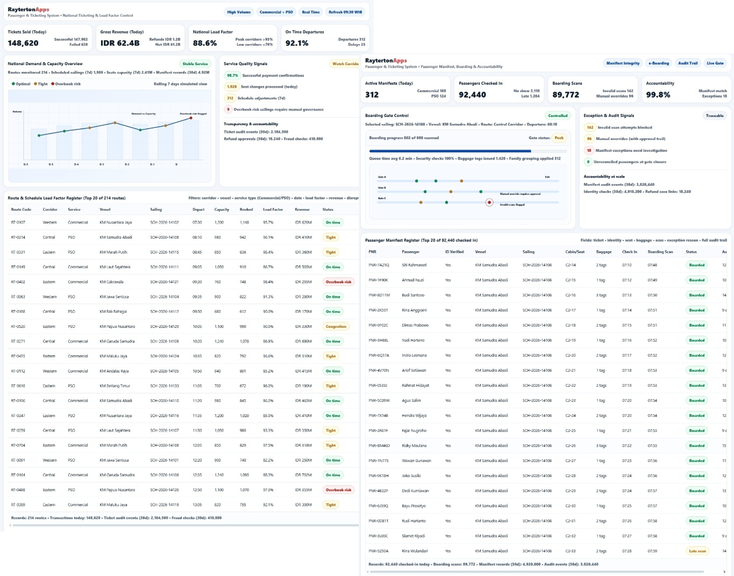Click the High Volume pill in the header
(239, 12)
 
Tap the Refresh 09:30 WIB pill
(345, 12)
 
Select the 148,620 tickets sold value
(23, 43)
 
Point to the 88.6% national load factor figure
(204, 43)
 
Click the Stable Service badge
(195, 64)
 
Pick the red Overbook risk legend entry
(66, 84)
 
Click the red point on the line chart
(191, 118)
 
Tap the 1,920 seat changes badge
(231, 87)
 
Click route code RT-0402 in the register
(18, 282)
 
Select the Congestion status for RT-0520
(336, 327)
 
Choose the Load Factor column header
(273, 209)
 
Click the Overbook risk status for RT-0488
(338, 490)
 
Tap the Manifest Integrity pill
(623, 63)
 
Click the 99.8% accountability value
(658, 95)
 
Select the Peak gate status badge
(559, 138)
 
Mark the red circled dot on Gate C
(489, 203)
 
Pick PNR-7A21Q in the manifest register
(378, 265)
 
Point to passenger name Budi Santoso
(413, 295)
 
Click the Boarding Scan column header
(660, 252)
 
